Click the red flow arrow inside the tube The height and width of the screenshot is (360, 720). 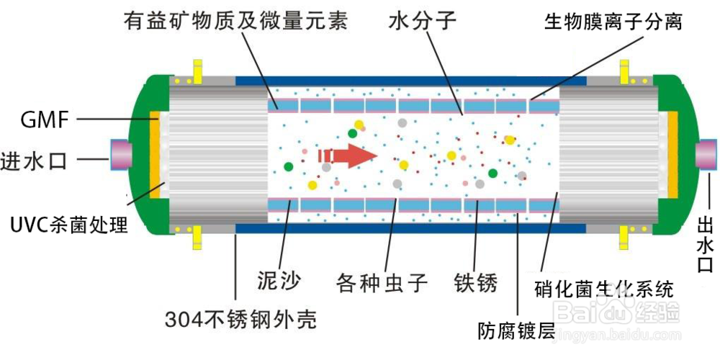(348, 156)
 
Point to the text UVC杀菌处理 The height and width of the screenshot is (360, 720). (69, 225)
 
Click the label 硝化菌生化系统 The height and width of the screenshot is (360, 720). (604, 290)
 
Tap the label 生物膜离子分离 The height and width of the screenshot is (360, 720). (613, 22)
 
